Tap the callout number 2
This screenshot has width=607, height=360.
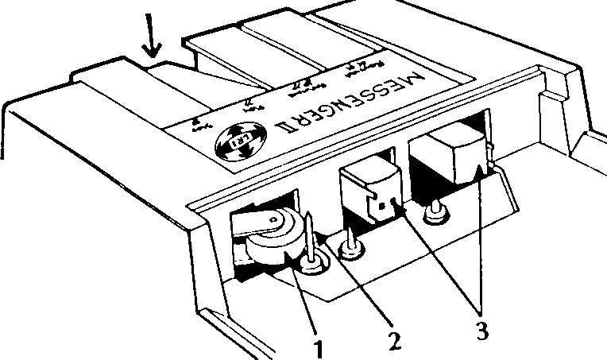coord(392,340)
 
